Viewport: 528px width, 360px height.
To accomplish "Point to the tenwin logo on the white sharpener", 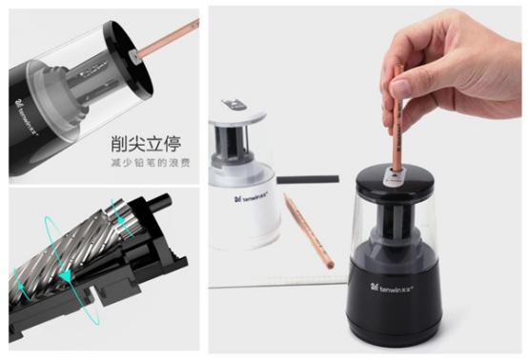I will click(x=252, y=201).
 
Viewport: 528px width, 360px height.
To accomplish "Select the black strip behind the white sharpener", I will click(x=308, y=178).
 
